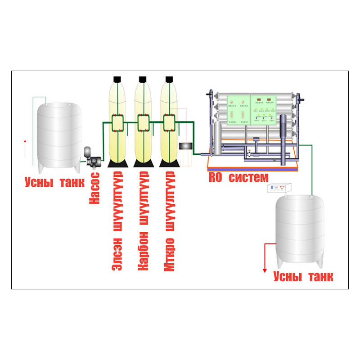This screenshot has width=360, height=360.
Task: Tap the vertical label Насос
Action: coord(94,188)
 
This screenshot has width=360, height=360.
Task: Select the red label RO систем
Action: coord(238,177)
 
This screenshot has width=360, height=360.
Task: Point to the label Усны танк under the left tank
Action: coord(54,183)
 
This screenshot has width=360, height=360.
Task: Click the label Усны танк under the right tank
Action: coord(303,276)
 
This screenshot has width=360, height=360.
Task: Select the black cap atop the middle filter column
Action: coord(143,79)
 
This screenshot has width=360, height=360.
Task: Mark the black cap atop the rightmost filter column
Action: coord(169,79)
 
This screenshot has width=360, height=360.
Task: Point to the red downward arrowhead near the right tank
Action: coord(265,270)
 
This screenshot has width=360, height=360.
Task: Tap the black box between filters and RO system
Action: coord(186,146)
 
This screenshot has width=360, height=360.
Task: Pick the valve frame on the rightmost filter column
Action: coord(169,122)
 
